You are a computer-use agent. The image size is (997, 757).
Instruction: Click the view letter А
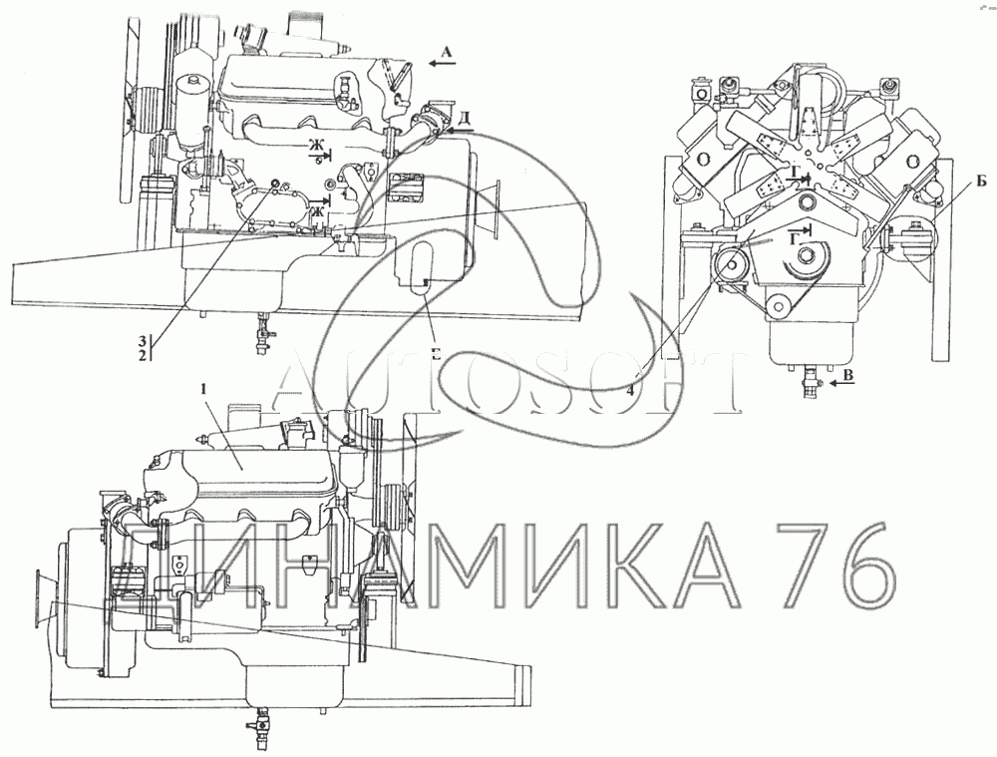coord(446,54)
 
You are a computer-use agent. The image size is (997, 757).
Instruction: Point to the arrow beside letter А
coord(441,64)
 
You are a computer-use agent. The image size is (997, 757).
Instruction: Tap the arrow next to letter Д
coord(459,131)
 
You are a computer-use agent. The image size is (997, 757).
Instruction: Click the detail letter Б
coord(982,183)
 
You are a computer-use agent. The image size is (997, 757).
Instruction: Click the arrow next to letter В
coord(841,383)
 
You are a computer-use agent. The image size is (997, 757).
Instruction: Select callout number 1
coord(204,390)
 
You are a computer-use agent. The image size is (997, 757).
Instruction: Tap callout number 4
coord(629,392)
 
